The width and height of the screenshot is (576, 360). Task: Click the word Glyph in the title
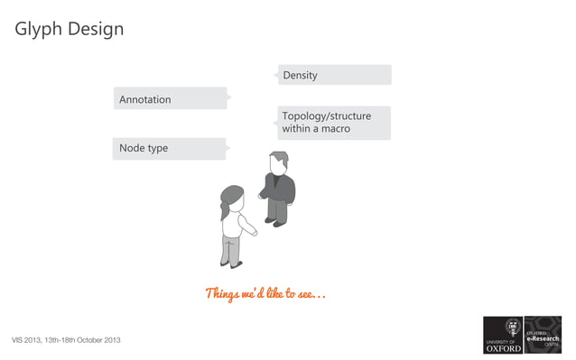[37, 30]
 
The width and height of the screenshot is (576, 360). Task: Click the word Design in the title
[93, 29]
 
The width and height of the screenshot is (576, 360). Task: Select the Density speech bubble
[334, 75]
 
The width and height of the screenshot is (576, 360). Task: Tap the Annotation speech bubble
[170, 98]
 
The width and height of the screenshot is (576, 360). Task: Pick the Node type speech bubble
[169, 148]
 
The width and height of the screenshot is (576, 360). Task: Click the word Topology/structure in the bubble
[326, 116]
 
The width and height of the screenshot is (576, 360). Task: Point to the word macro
[333, 130]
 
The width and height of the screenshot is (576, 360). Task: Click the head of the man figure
[278, 162]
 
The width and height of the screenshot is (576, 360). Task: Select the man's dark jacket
[280, 188]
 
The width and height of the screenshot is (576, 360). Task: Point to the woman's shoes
[234, 264]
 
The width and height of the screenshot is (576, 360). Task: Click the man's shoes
[276, 222]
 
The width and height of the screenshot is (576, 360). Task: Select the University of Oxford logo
[503, 335]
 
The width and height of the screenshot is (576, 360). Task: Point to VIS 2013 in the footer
[26, 340]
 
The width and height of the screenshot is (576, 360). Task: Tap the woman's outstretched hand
[255, 233]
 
